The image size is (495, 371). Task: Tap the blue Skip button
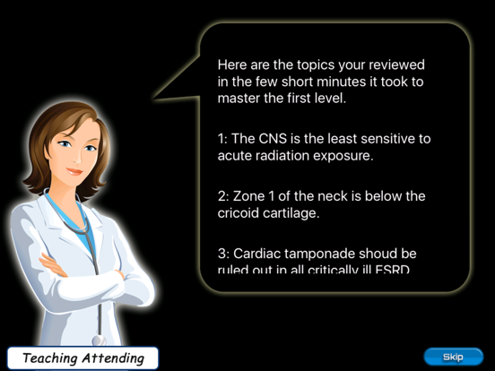(453, 357)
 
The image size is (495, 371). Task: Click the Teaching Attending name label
(83, 358)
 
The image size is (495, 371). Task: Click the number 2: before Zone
(223, 195)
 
